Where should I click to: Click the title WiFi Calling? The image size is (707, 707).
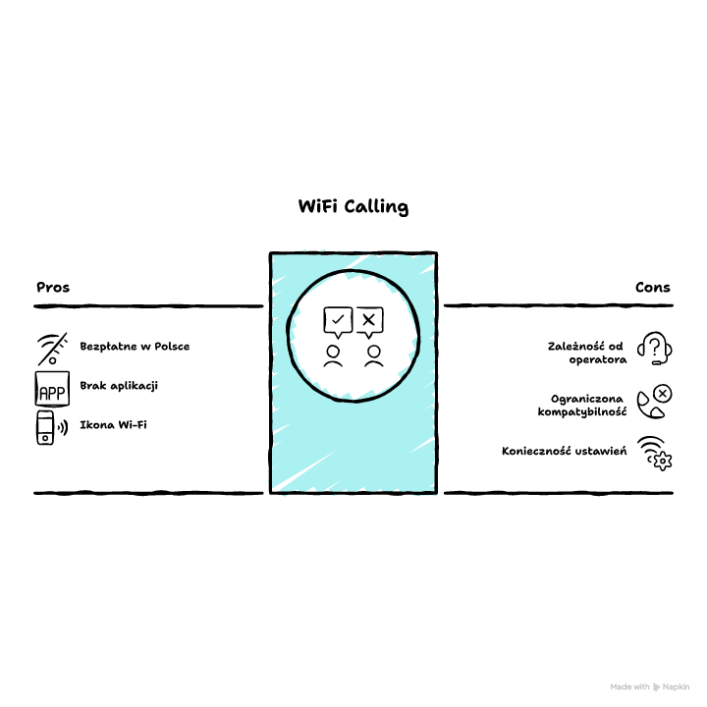(353, 207)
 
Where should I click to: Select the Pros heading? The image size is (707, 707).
(53, 287)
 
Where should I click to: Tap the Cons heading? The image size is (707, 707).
(652, 287)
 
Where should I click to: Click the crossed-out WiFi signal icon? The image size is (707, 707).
(53, 349)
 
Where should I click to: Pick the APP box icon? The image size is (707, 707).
(52, 389)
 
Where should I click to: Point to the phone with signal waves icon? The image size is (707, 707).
(52, 427)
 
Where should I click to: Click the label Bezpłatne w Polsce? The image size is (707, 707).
(135, 347)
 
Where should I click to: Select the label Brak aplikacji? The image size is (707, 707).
(119, 386)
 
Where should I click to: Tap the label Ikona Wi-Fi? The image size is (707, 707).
(113, 425)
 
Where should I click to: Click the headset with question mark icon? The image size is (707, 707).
(654, 348)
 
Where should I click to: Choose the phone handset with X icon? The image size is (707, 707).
(654, 402)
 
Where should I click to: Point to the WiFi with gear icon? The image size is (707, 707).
(655, 453)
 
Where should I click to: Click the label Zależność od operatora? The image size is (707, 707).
(586, 353)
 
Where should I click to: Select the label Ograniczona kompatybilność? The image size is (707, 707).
(582, 406)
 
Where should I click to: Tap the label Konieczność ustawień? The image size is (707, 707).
(564, 451)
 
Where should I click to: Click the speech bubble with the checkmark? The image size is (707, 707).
(338, 322)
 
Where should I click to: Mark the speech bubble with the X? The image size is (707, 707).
(369, 322)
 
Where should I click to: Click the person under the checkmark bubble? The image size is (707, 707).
(333, 356)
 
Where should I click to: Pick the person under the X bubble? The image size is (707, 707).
(374, 356)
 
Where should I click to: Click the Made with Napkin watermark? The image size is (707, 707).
(649, 686)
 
